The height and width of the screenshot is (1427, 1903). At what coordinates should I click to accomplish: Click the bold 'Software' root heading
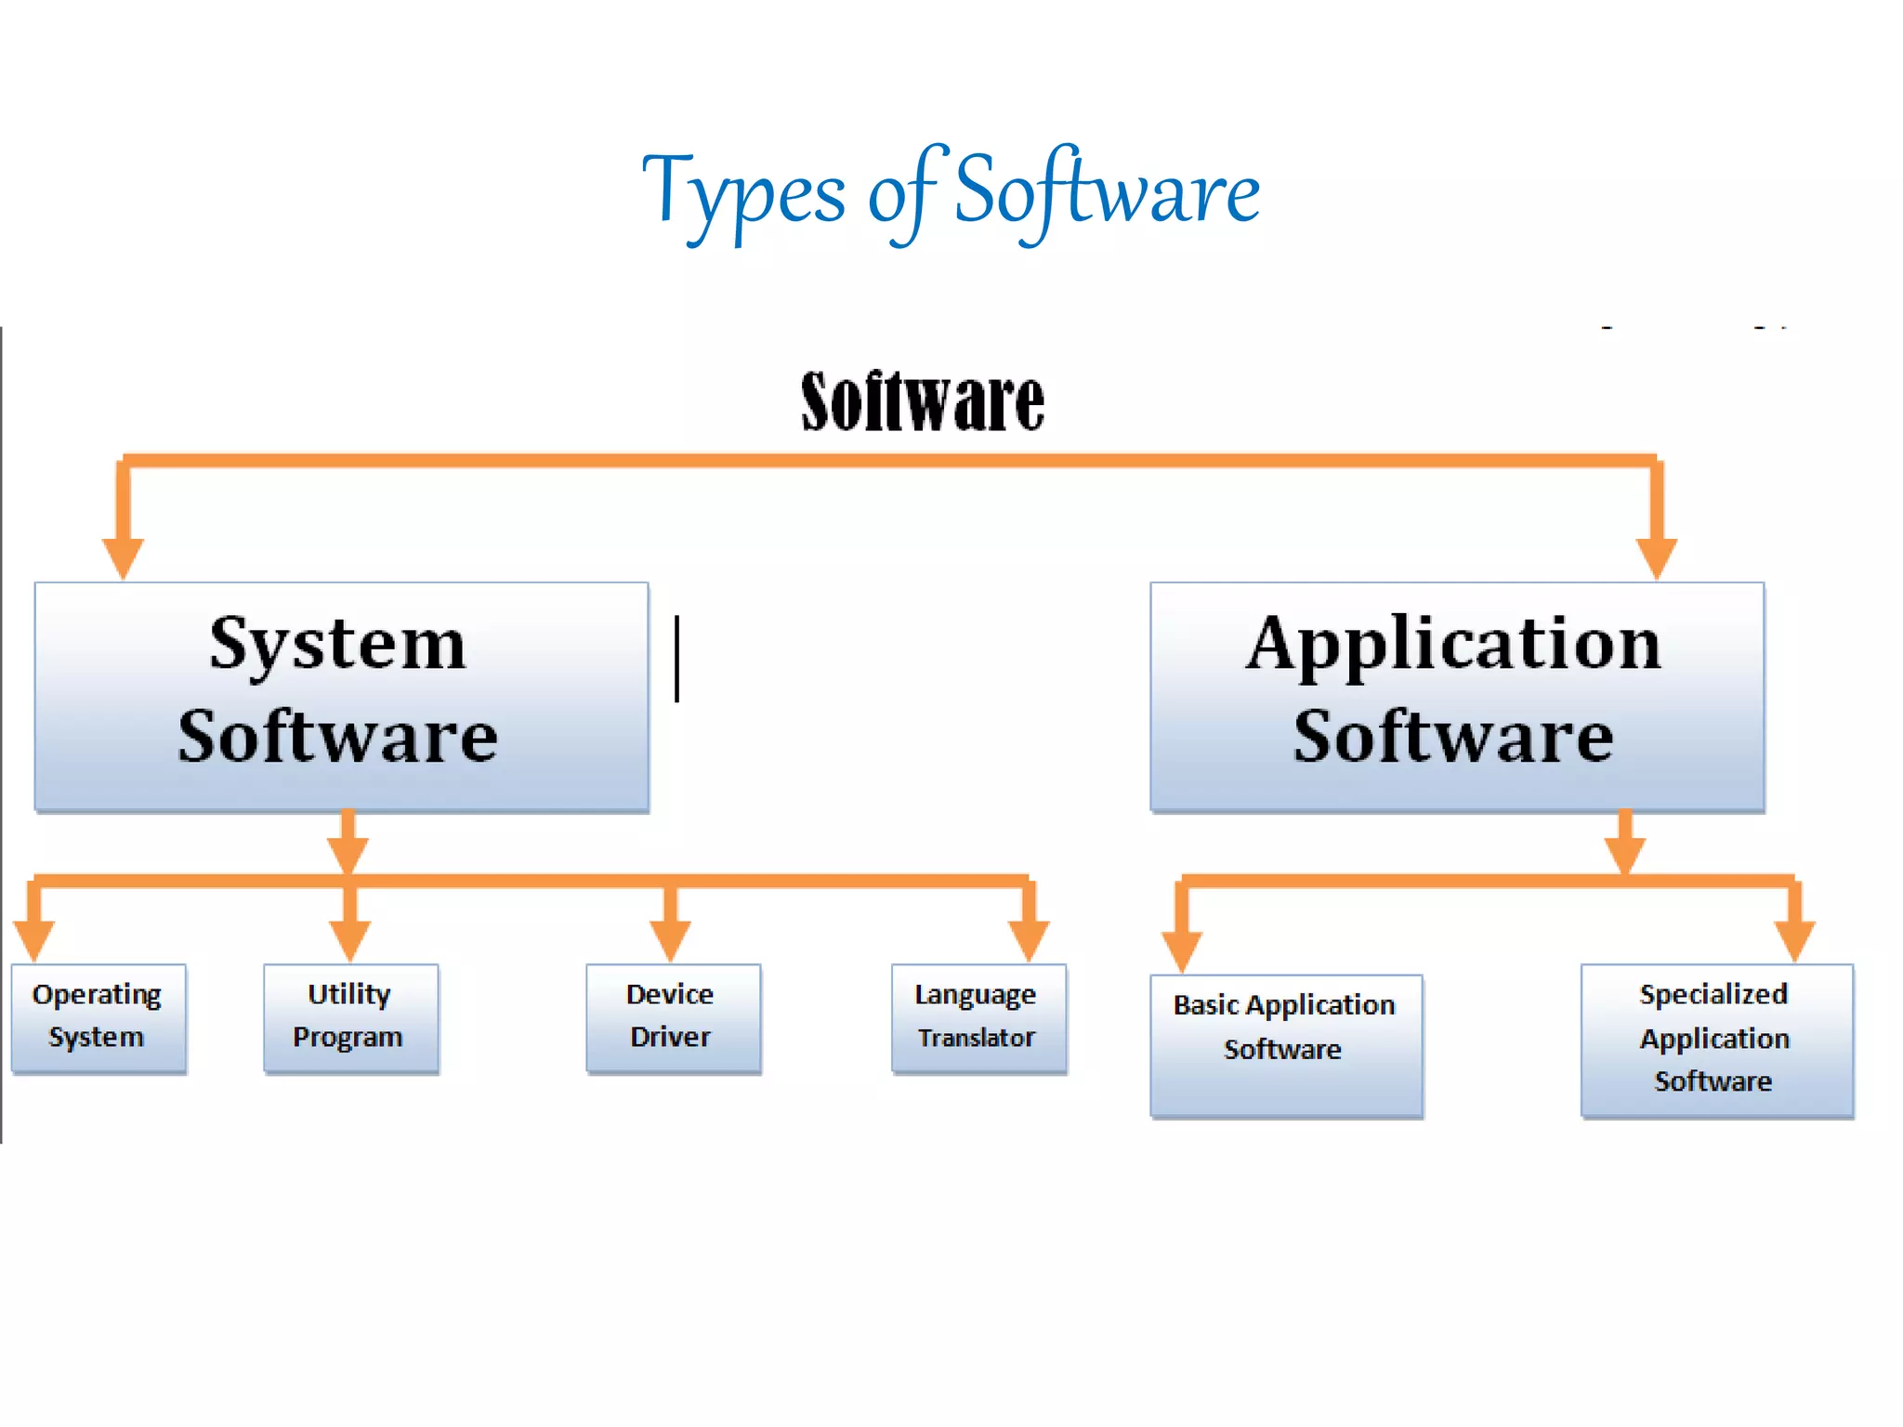click(923, 401)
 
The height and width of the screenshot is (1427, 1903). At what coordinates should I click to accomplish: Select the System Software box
click(341, 696)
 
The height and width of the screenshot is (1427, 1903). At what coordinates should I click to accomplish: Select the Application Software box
click(1456, 696)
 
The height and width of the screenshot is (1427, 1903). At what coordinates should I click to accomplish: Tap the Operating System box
click(98, 1017)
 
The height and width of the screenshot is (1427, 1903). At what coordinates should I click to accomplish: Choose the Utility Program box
click(350, 1017)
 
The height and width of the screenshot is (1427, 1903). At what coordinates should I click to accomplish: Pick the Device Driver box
click(673, 1017)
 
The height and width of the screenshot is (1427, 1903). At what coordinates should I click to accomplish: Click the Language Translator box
click(978, 1017)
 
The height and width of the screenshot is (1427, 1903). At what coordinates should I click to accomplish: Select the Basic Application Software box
click(1286, 1044)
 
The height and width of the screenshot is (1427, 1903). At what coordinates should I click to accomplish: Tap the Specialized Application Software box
click(1716, 1039)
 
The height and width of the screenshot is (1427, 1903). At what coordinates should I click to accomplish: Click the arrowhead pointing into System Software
click(123, 556)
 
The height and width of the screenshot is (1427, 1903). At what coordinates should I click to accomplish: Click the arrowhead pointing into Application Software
click(1656, 556)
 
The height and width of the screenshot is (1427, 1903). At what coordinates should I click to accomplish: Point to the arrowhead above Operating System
click(34, 939)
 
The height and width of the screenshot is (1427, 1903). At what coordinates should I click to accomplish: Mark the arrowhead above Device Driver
click(670, 939)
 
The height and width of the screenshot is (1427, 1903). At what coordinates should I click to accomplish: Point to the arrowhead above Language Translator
click(1029, 939)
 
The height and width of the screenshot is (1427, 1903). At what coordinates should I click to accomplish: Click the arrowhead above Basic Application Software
click(1182, 949)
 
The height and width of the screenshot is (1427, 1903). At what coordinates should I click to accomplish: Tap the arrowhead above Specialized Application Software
click(1794, 939)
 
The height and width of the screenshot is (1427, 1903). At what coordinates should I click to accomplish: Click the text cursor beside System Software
click(677, 659)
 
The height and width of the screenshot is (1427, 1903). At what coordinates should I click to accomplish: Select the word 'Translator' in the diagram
click(977, 1038)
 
